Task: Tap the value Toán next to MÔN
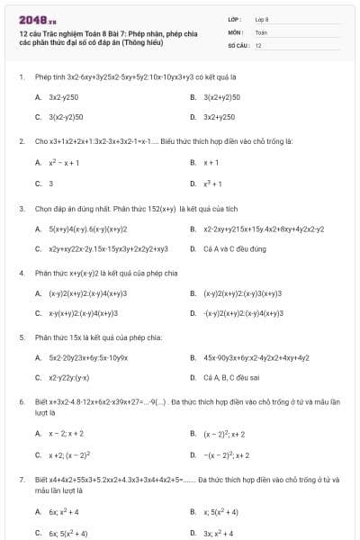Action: (261, 31)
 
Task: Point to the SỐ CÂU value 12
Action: (258, 44)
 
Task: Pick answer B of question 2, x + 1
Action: (211, 163)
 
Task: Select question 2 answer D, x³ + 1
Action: (213, 184)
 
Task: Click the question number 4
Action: (21, 272)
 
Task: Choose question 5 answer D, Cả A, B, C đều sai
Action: (232, 379)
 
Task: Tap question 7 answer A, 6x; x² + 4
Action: (65, 511)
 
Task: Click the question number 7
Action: (21, 481)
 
